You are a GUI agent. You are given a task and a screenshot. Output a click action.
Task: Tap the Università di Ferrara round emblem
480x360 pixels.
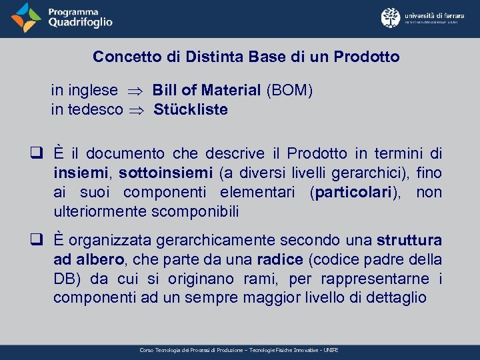(390, 18)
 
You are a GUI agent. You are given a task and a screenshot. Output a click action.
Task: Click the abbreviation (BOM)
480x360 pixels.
(289, 90)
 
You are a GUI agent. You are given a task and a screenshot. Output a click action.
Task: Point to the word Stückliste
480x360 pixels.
(191, 109)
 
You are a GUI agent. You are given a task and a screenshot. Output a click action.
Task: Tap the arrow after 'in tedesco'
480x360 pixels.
(139, 110)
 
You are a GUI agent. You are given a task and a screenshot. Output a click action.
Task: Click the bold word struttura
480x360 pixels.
(409, 240)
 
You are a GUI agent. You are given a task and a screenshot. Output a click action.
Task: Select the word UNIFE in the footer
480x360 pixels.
(331, 350)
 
